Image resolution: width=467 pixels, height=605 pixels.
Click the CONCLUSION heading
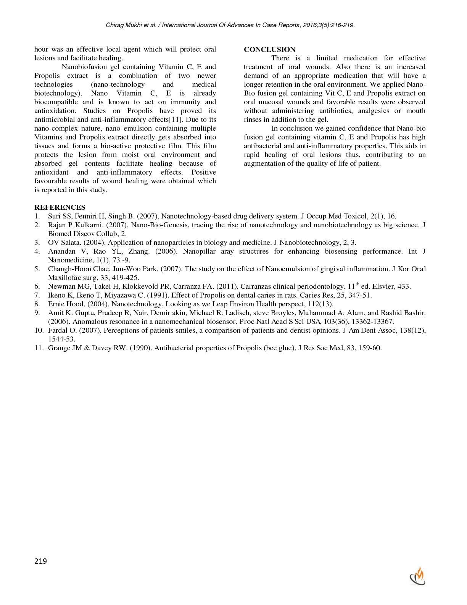pos(269,49)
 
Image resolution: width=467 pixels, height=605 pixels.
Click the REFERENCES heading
pos(60,207)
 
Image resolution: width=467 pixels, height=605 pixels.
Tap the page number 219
pos(40,561)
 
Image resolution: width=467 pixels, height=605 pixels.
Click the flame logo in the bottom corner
pos(417,576)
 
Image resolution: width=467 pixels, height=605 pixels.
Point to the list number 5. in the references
pos(37,269)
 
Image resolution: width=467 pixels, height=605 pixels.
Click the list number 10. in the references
pos(39,330)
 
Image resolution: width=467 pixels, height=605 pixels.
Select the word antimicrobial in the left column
pos(52,120)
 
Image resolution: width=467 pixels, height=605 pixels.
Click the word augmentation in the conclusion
pos(265,163)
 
